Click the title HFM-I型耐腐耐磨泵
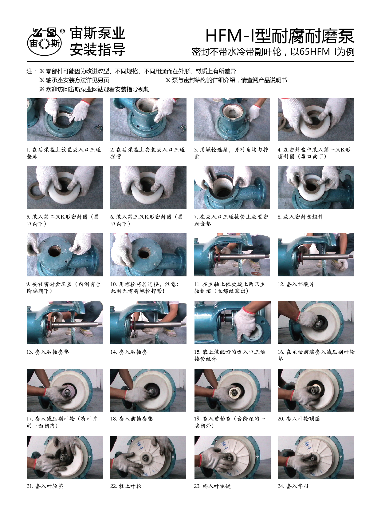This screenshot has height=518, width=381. (x=280, y=36)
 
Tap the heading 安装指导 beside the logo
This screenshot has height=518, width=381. (x=97, y=50)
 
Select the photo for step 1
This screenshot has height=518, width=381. (x=65, y=119)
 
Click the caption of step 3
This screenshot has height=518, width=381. (x=231, y=153)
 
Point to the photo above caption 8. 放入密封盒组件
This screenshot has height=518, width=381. (x=316, y=187)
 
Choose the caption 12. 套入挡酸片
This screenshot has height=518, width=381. (x=296, y=284)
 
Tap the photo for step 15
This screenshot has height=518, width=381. (x=232, y=322)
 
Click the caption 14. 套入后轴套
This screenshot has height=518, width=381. (x=129, y=352)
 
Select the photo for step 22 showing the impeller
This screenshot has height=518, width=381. (x=148, y=457)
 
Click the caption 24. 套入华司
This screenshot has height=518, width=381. (x=293, y=486)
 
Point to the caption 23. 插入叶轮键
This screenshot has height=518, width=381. (x=212, y=486)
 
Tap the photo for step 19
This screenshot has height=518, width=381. (x=232, y=390)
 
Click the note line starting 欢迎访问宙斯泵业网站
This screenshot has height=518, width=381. (x=94, y=90)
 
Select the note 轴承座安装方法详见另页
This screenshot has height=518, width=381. (x=74, y=80)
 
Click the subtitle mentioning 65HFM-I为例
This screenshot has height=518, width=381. (x=273, y=52)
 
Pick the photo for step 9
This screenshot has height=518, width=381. (x=65, y=255)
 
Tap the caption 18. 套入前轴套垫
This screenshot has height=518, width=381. (x=132, y=419)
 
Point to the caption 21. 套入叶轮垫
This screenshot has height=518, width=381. (x=45, y=486)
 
